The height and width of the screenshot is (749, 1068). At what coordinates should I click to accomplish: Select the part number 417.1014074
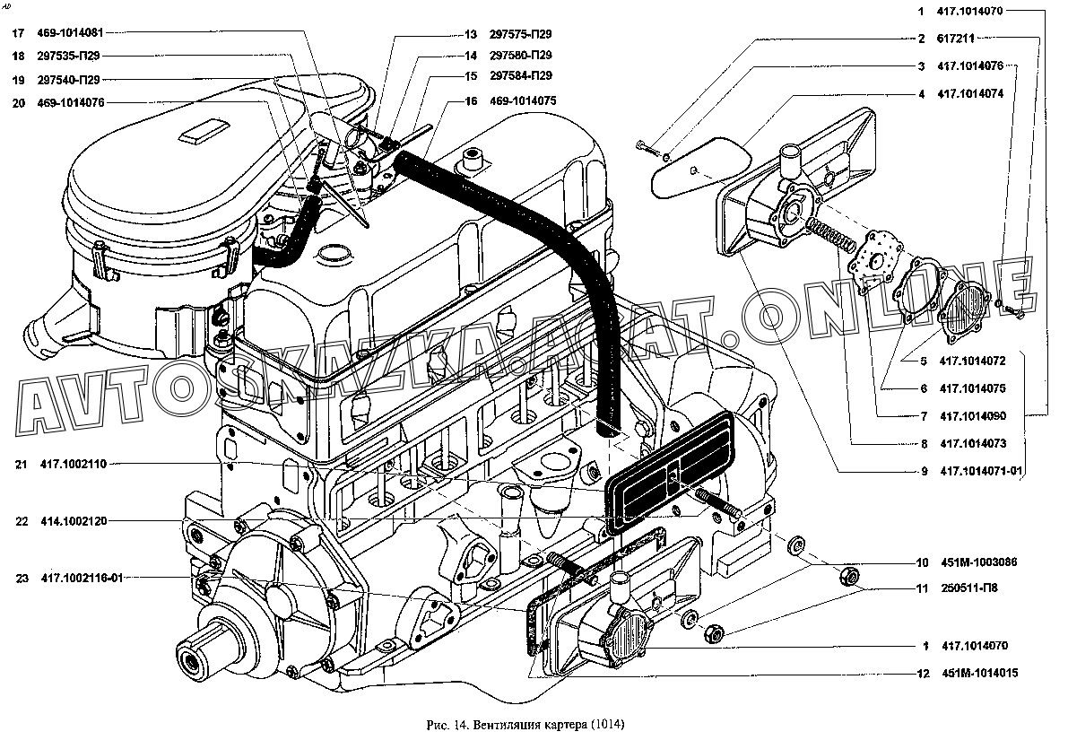pos(970,94)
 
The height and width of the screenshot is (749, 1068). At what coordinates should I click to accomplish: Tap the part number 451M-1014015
pos(980,674)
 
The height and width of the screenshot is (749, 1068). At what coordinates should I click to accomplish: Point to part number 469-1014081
pos(70,32)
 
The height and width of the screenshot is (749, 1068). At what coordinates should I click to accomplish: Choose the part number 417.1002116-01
pos(82,578)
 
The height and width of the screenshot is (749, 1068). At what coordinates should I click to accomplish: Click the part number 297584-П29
pos(520,75)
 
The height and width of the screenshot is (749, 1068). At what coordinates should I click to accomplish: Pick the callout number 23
pos(22,578)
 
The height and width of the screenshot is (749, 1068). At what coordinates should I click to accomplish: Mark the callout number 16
pos(471,100)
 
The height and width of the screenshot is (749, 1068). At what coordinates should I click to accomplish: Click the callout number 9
pos(925,471)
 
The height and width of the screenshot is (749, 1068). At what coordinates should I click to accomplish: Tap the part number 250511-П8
pos(969,588)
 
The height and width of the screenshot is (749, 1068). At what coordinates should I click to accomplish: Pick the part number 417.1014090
pos(972,415)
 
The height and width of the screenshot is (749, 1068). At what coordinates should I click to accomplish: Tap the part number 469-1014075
pos(523,100)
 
